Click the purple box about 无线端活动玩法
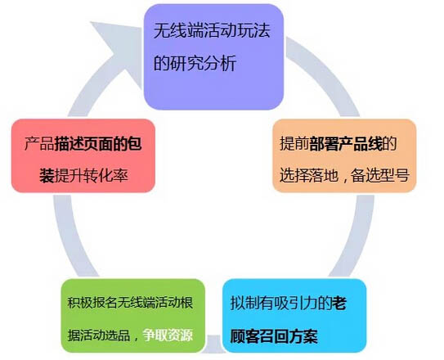(213, 57)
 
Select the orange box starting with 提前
(344, 155)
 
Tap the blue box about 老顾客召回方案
(294, 316)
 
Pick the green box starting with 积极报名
(132, 316)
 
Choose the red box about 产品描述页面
(83, 155)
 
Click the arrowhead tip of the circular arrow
(141, 28)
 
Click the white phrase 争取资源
(168, 335)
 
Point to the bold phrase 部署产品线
(346, 144)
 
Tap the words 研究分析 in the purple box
(203, 63)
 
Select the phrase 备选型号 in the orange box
(380, 175)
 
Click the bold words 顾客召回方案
(274, 336)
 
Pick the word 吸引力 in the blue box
(296, 304)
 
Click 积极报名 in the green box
(92, 303)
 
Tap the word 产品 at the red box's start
(39, 144)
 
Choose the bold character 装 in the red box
(47, 175)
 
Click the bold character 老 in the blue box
(339, 304)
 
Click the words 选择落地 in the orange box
(309, 175)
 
